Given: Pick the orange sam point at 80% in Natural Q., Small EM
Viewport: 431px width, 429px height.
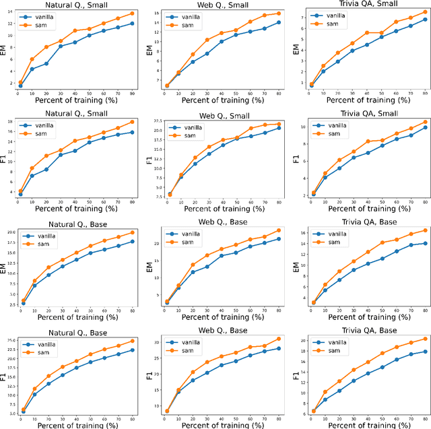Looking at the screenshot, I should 132,13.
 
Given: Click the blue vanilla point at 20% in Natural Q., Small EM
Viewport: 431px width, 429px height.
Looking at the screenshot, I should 46,64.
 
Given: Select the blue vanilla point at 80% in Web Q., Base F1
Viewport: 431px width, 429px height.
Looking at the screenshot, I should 278,348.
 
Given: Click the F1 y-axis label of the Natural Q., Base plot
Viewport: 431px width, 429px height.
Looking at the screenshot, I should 5,374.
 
